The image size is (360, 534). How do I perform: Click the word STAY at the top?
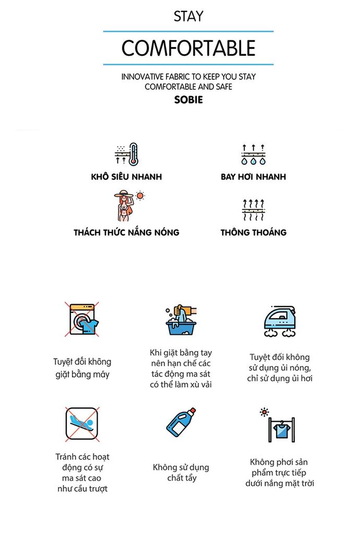tap(188, 16)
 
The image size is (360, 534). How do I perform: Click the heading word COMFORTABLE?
tap(188, 48)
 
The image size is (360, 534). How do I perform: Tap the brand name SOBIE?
tap(188, 100)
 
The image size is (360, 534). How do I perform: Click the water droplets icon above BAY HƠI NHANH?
tap(253, 154)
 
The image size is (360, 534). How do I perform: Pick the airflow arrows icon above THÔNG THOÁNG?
tap(253, 210)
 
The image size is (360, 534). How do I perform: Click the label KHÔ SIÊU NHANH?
tap(126, 177)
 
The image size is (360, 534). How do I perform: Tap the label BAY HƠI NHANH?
tap(253, 177)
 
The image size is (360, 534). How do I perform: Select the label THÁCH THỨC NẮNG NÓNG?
tap(126, 233)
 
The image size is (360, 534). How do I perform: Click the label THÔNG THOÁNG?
tap(253, 233)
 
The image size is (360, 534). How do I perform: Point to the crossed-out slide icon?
tap(82, 423)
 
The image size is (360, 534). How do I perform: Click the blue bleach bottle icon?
tap(181, 423)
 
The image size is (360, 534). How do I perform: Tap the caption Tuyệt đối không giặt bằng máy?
tap(82, 368)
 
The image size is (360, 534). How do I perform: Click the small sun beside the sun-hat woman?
tap(140, 196)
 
